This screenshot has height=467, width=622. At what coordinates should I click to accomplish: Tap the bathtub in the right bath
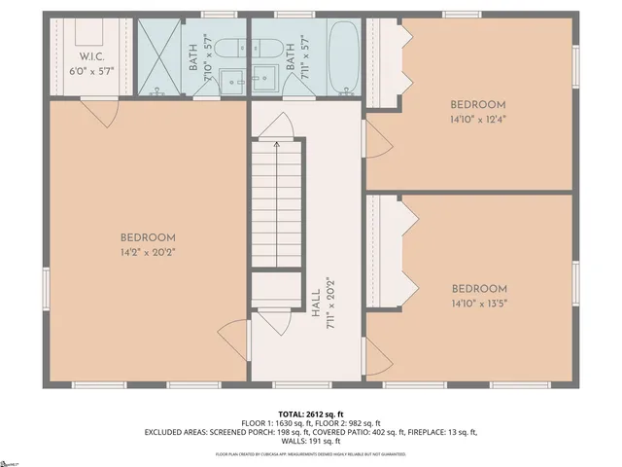click(x=341, y=58)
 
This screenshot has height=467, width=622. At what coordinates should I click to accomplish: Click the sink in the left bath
click(x=231, y=82)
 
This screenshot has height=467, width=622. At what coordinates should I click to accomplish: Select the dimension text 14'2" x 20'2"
click(x=148, y=252)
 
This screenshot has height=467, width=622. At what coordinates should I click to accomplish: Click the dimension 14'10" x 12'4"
click(x=478, y=120)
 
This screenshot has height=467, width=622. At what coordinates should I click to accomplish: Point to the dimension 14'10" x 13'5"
click(x=478, y=303)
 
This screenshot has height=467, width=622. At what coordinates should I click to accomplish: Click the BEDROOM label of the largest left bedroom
click(x=148, y=237)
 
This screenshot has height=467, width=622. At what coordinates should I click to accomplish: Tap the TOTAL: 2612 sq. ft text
click(x=311, y=413)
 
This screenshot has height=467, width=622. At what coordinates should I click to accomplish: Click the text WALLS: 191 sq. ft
click(x=311, y=442)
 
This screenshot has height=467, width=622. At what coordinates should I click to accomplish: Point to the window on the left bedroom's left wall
click(x=45, y=290)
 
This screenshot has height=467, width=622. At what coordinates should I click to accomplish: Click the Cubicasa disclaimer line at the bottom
click(x=311, y=454)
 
